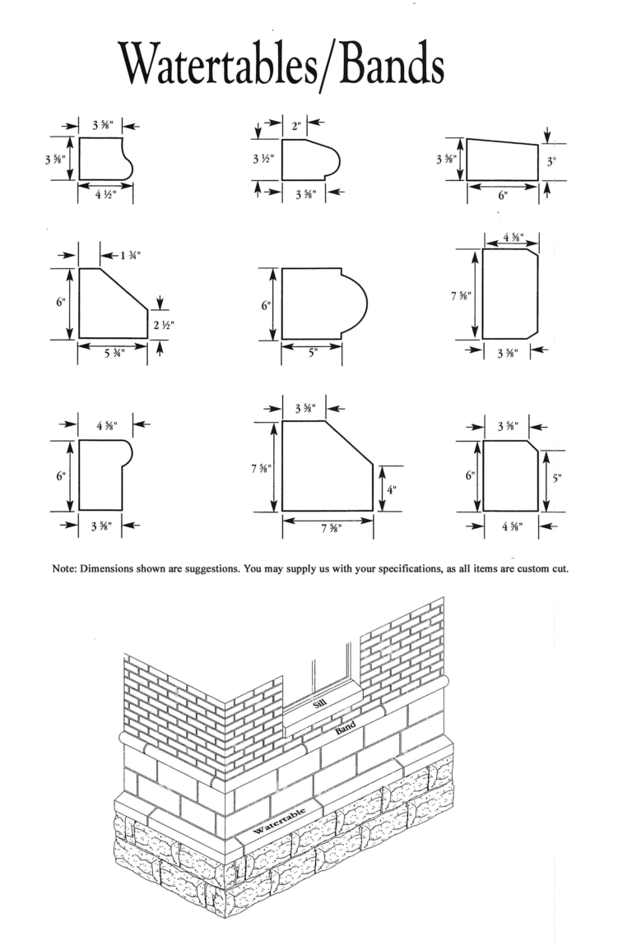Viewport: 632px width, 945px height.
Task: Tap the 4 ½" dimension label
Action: [x=105, y=197]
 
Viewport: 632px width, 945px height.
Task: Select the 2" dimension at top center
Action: [x=295, y=126]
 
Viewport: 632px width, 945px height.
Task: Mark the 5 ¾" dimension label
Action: [x=112, y=356]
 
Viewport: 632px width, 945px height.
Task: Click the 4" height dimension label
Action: [x=392, y=489]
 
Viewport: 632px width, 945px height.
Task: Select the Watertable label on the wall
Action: [x=281, y=820]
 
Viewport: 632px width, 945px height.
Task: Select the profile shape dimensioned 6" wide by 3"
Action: [x=501, y=160]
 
